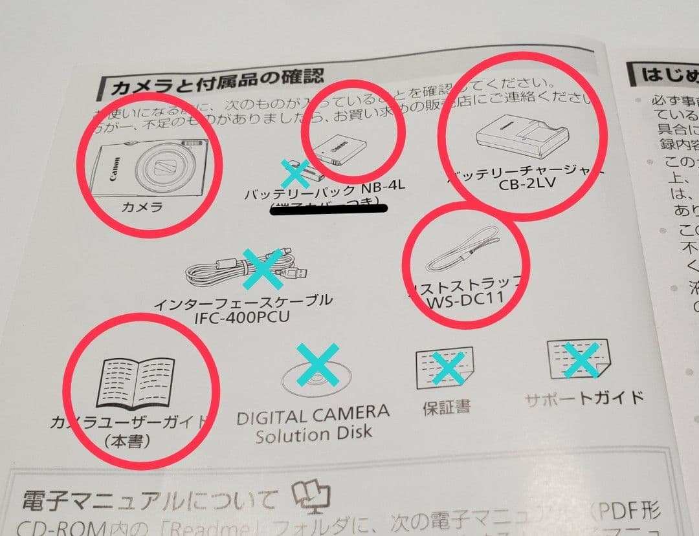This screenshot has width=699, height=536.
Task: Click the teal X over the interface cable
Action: pos(262,269)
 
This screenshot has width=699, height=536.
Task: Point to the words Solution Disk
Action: pos(313,434)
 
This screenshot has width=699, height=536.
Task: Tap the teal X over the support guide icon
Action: pos(581,360)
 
